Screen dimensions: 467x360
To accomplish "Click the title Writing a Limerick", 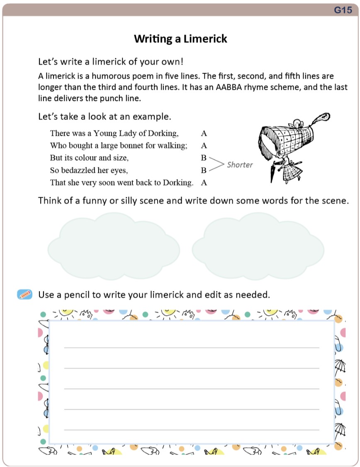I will click(180, 39).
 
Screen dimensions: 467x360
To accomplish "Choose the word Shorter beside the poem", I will click(240, 165).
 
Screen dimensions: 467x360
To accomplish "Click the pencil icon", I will click(25, 294).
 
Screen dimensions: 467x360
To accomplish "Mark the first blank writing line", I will click(192, 347).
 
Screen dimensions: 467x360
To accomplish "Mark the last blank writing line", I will click(192, 430).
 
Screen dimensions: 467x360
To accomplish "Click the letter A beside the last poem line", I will click(204, 182).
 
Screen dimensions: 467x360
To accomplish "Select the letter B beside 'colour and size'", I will click(204, 158).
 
